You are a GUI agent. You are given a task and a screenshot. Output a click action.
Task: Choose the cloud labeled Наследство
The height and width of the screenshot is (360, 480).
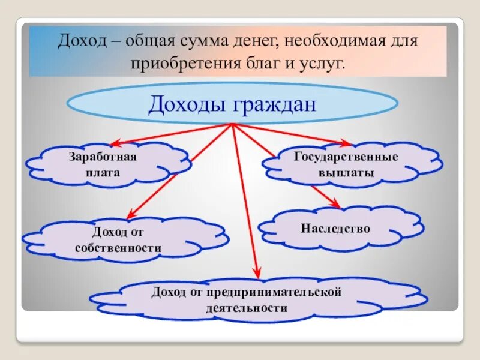point(335,229)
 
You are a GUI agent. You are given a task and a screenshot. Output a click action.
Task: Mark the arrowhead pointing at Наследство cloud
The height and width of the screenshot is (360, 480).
point(335,205)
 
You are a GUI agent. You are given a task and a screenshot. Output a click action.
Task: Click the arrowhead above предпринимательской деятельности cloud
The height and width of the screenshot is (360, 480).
point(257,272)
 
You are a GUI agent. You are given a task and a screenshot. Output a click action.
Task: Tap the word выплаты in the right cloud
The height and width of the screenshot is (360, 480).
point(346,172)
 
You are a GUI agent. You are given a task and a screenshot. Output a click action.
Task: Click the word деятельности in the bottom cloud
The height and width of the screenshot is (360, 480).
point(246,308)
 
